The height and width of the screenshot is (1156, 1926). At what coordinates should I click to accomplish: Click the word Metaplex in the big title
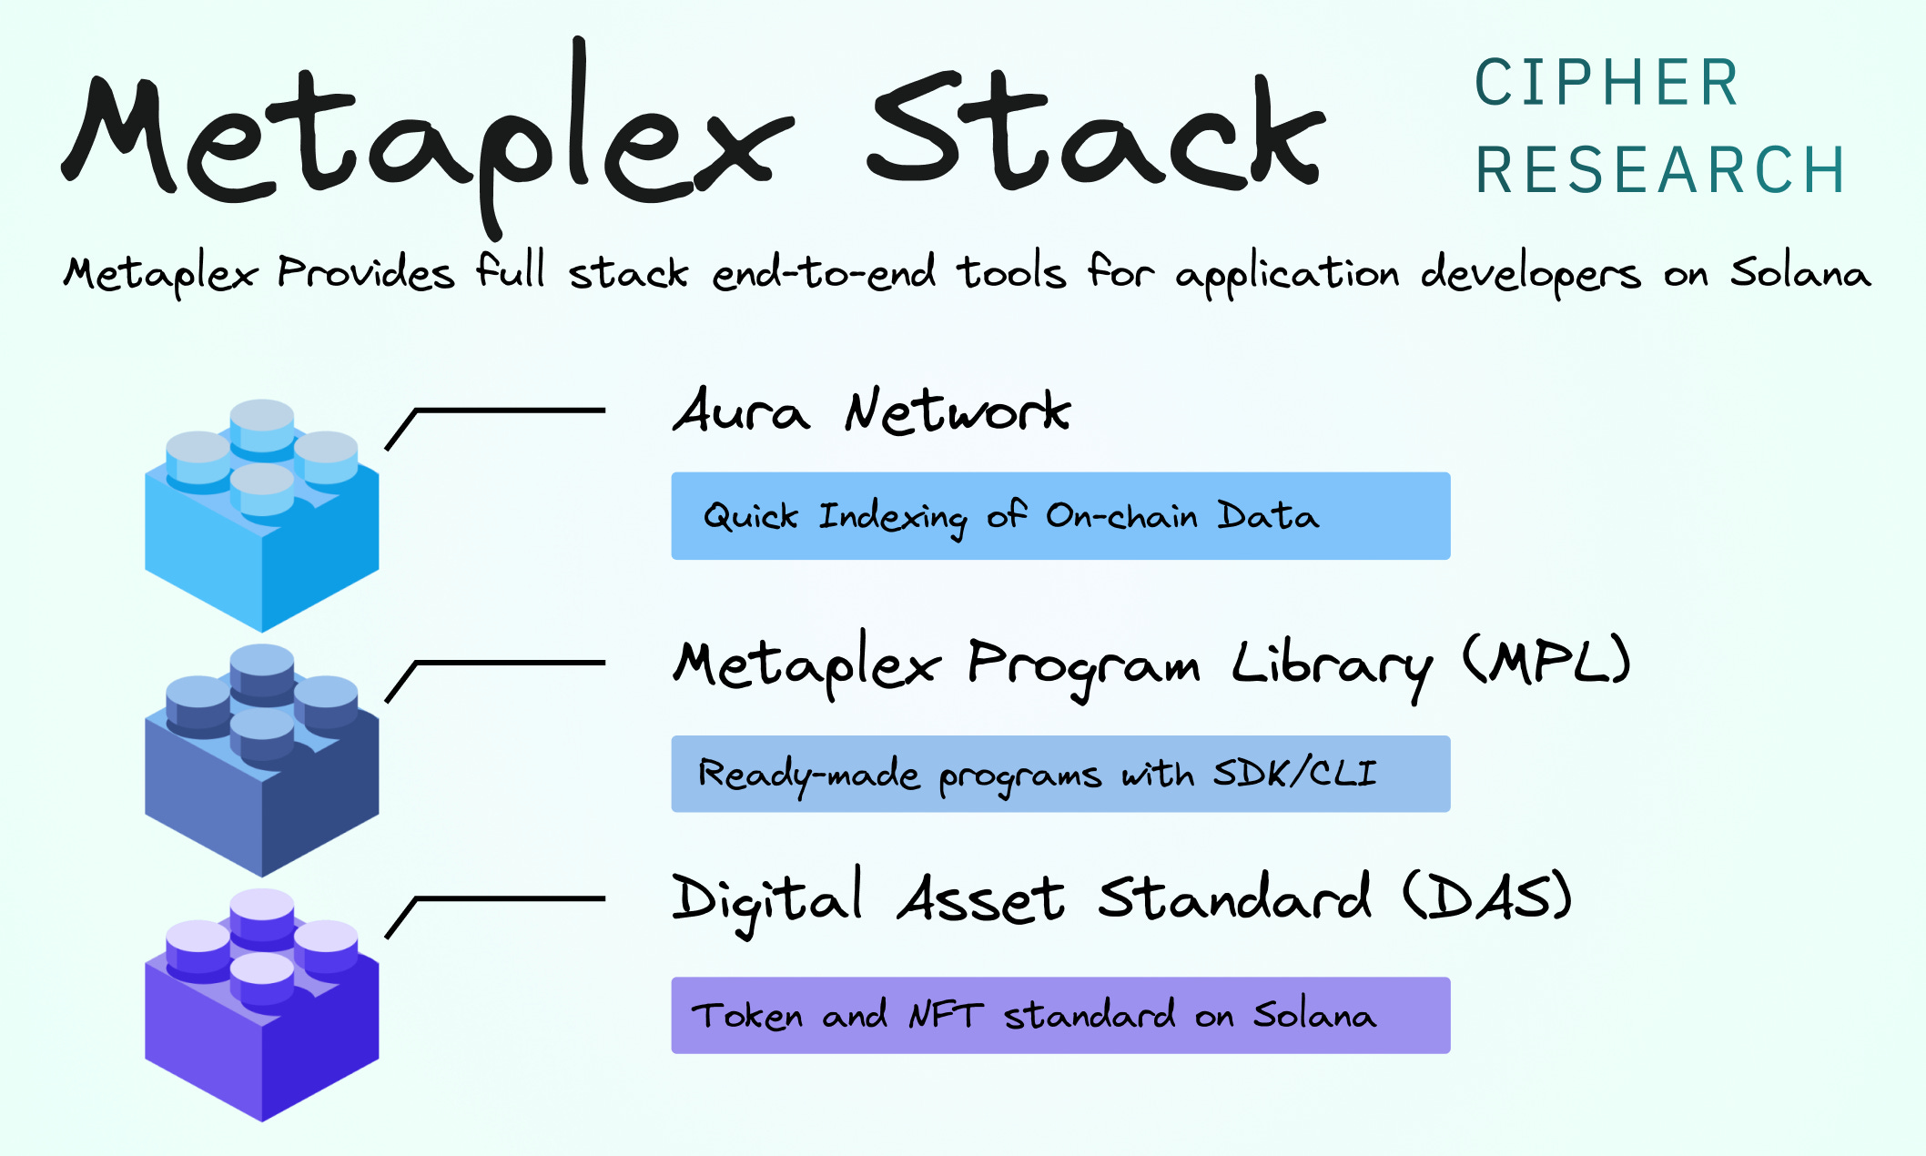[428, 137]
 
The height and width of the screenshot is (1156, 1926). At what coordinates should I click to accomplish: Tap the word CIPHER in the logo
[1607, 83]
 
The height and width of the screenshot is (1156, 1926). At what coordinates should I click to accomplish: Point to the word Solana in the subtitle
[1799, 272]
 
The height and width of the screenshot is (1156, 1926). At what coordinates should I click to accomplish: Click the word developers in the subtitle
[1530, 274]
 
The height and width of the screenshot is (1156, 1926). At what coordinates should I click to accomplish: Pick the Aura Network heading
[871, 411]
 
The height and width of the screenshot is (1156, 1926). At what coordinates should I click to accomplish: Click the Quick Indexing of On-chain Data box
[1060, 516]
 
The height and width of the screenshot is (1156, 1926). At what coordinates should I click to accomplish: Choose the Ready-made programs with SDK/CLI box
[1060, 774]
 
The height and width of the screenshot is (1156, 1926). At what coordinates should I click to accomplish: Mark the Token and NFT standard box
[1060, 1016]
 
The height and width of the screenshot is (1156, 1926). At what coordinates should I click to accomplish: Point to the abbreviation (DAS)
[1486, 897]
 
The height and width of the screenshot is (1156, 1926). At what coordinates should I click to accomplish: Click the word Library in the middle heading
[1332, 665]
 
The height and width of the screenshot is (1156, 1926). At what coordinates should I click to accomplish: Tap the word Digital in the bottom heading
[766, 899]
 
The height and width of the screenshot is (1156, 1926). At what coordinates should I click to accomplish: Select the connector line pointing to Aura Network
[510, 411]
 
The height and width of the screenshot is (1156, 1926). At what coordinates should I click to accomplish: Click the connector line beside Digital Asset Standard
[510, 899]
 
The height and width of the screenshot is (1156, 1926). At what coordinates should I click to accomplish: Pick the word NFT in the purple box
[946, 1015]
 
